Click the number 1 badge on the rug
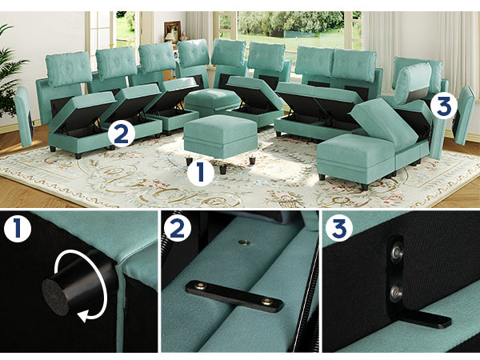[201, 172]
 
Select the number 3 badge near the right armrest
[444, 106]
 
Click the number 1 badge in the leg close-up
[18, 228]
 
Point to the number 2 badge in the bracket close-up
[178, 228]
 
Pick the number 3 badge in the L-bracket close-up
[339, 228]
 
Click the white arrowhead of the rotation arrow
[84, 315]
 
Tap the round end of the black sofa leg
[55, 297]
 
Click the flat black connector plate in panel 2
[234, 296]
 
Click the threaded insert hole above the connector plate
[244, 242]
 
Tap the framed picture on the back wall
[172, 31]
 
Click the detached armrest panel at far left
[24, 116]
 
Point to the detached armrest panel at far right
[464, 114]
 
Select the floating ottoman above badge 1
[221, 136]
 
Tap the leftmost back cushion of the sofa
[69, 69]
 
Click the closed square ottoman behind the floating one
[213, 102]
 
